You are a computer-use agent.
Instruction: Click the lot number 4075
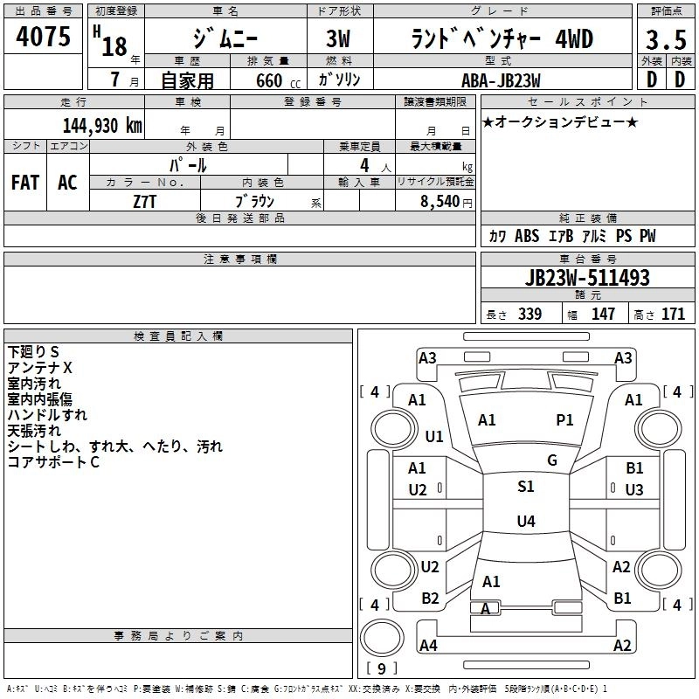44,38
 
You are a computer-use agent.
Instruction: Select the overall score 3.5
665,39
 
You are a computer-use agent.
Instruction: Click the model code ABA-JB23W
501,80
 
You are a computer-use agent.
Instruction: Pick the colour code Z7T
145,199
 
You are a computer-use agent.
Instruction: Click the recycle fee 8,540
444,200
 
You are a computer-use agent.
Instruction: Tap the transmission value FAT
25,183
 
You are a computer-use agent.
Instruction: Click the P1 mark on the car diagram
565,420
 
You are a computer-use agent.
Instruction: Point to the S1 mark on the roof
526,487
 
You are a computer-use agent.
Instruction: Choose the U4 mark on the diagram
526,522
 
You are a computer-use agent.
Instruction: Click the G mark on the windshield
552,460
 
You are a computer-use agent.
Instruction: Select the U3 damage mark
635,489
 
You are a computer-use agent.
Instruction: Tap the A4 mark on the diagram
428,646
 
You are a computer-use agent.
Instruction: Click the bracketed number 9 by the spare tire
381,669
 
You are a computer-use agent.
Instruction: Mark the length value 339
529,315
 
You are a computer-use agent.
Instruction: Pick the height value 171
673,315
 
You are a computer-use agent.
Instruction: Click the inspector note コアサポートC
53,462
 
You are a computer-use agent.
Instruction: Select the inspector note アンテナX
40,368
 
